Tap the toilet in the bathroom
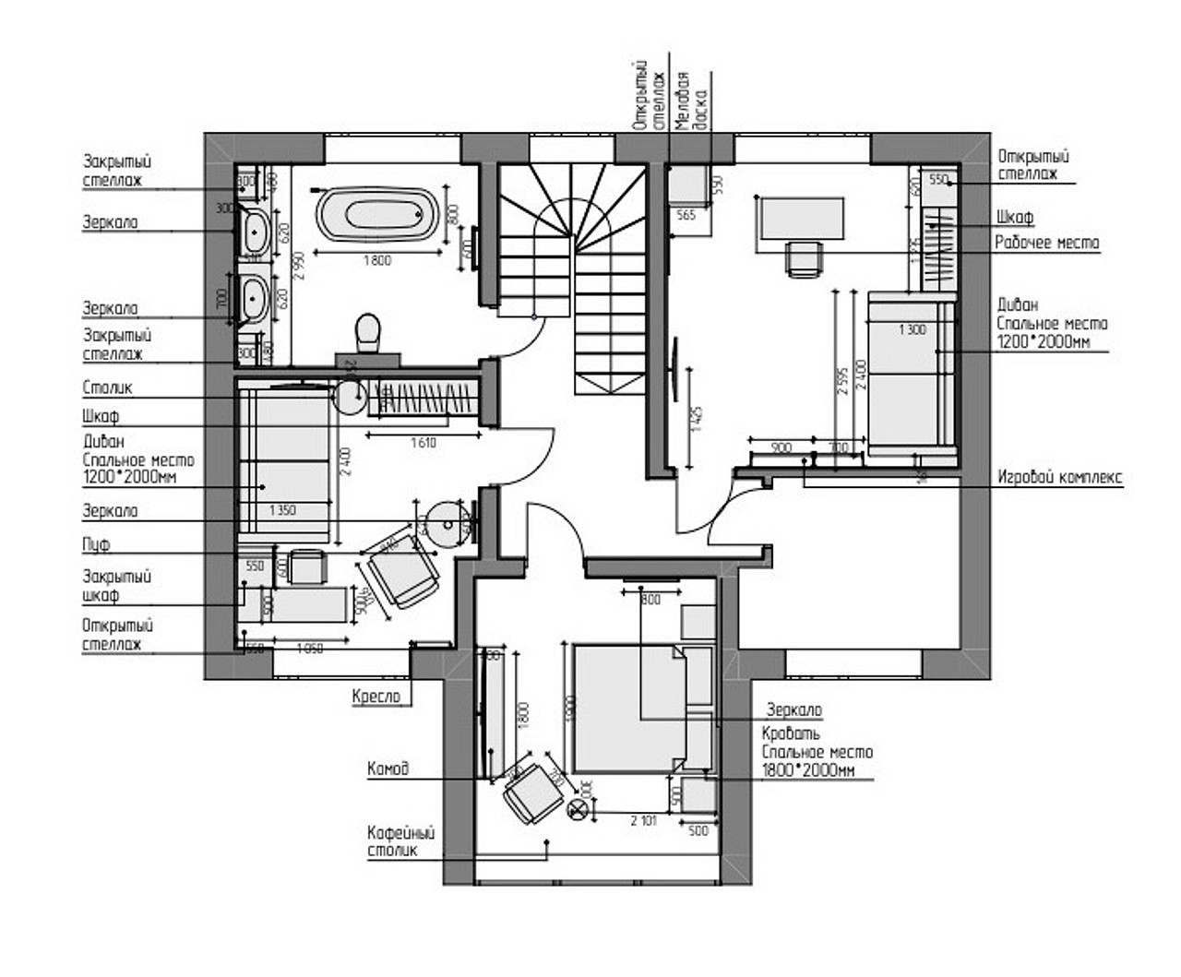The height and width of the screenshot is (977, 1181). pos(368,331)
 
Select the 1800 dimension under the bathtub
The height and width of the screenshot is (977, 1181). pos(376,260)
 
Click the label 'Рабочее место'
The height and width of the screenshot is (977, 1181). pos(1047,243)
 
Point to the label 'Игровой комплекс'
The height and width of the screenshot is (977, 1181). pos(1060,477)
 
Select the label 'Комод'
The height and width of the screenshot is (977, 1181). pos(388,768)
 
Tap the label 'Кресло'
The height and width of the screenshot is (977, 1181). pos(376,697)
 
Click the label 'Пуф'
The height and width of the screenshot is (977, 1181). pos(96,544)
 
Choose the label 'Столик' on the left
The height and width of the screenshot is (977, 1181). pos(108,388)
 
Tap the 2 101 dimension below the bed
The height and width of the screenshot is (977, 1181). pos(643,819)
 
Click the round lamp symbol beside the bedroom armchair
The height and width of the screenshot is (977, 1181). pos(579,810)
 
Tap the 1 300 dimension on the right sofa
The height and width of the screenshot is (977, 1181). pos(912,329)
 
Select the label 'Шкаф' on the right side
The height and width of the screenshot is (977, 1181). pos(1015,218)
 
